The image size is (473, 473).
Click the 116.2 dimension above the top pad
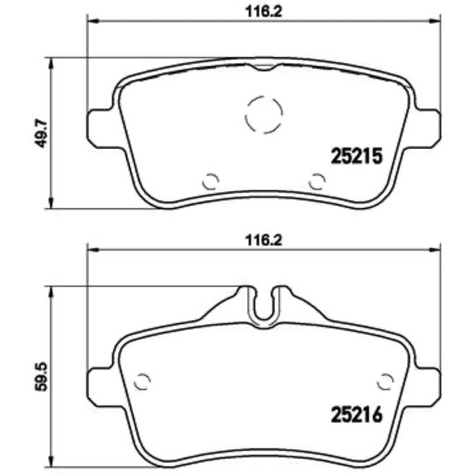coord(263,13)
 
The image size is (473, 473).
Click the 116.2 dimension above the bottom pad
coord(263,240)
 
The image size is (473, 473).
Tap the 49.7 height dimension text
coord(41,133)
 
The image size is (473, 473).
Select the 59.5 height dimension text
coord(41,377)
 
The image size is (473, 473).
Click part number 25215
coord(356,156)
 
